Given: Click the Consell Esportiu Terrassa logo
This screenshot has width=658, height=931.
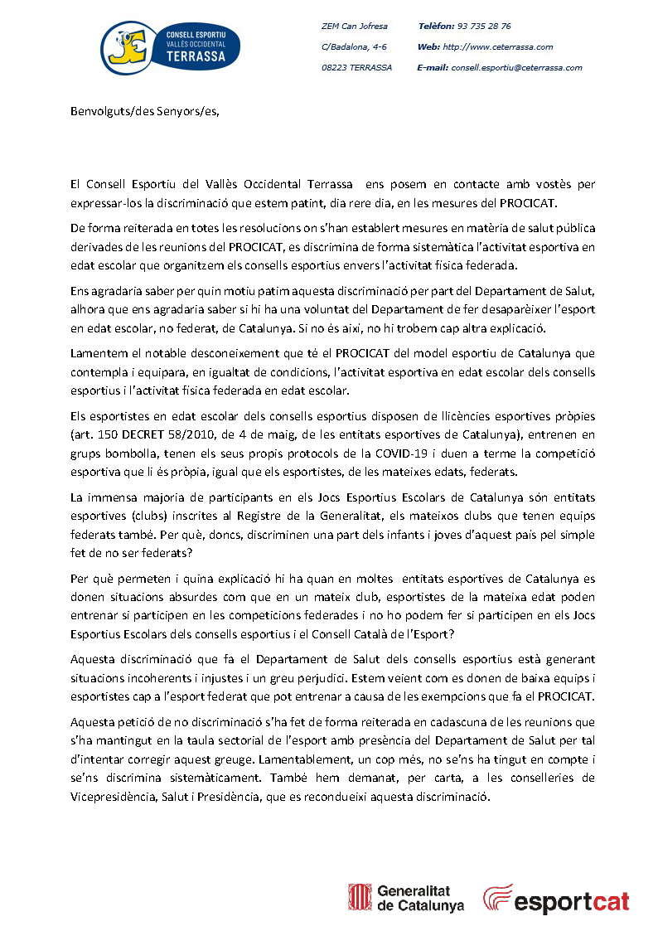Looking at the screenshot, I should (x=170, y=46).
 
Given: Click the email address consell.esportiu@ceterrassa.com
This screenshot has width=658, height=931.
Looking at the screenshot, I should (x=516, y=68).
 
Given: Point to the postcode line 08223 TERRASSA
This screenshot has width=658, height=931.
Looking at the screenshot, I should (x=356, y=68).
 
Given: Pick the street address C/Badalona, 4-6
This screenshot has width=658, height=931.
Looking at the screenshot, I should (x=354, y=47).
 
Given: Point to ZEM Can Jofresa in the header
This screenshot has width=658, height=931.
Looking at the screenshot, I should (x=354, y=27).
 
